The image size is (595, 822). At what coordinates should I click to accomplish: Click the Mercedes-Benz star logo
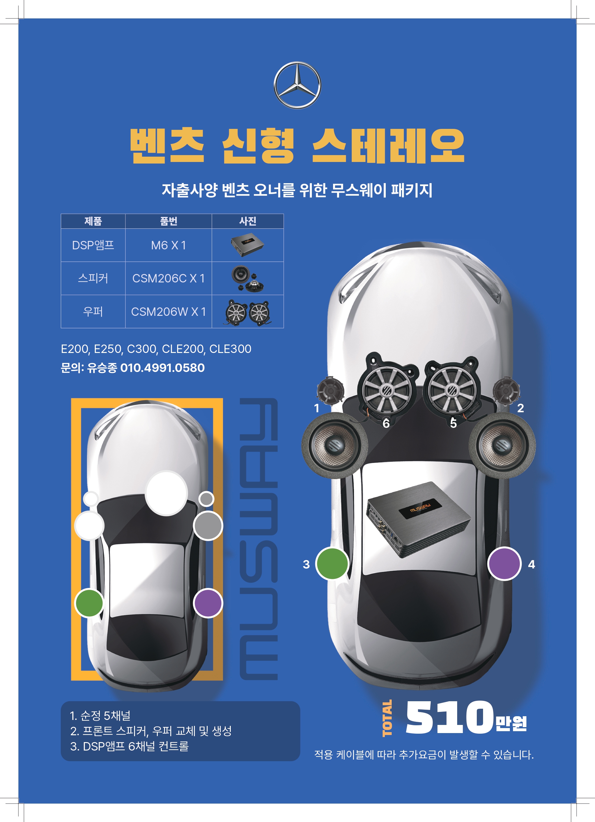click(x=297, y=85)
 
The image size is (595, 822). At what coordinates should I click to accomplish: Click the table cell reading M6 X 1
click(x=168, y=245)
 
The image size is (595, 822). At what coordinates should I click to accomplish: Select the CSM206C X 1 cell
click(x=168, y=278)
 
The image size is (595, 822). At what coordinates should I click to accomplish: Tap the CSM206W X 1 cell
click(x=168, y=312)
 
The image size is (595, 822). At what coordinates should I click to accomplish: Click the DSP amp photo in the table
click(x=247, y=245)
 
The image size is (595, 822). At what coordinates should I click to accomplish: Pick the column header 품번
click(x=168, y=221)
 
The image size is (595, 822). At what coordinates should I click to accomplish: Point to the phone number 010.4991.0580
click(x=162, y=368)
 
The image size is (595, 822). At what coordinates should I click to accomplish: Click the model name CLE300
click(x=230, y=349)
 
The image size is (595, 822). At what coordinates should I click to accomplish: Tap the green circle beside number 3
click(x=332, y=564)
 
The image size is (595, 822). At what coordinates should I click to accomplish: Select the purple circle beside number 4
click(x=504, y=564)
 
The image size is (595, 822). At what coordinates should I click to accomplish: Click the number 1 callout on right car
click(x=317, y=409)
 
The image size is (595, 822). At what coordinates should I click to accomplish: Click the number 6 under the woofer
click(x=386, y=423)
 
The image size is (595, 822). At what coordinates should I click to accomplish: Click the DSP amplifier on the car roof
click(x=418, y=519)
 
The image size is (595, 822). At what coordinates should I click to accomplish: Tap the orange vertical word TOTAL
click(x=387, y=718)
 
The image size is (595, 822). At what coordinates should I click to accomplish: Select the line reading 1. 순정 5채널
click(x=100, y=716)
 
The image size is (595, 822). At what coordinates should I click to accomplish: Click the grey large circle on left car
click(x=208, y=526)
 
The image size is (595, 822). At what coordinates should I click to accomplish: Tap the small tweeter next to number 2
click(x=506, y=391)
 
